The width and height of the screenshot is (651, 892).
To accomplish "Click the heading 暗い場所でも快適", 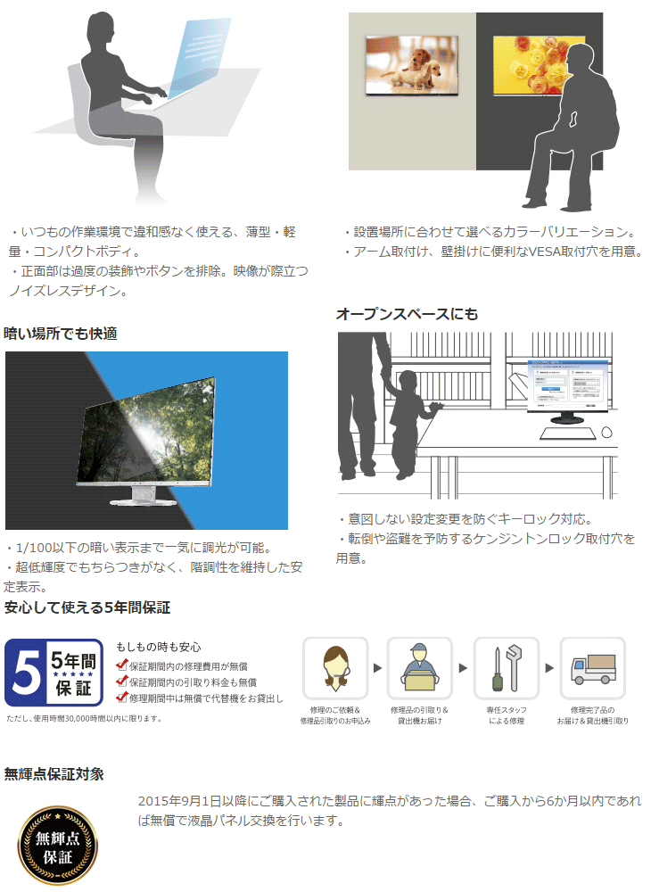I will point(61,334).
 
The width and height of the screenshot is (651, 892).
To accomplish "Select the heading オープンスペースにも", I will point(407,314).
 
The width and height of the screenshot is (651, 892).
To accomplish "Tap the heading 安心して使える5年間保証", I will point(87,608).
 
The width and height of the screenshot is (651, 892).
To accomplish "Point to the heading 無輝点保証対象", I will point(54,773).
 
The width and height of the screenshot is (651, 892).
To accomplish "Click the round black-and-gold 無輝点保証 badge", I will point(58,845).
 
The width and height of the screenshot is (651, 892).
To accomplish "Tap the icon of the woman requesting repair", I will point(334,668).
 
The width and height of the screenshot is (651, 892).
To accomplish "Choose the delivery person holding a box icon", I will point(420,668).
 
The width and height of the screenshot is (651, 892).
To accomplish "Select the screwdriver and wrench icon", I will point(506,668).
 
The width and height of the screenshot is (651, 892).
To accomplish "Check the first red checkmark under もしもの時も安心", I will point(122,665).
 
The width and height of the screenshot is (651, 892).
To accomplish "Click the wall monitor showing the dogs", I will point(412,65).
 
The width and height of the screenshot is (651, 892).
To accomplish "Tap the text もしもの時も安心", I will point(159,647).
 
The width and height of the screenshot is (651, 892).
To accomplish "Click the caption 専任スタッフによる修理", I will point(506,714).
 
